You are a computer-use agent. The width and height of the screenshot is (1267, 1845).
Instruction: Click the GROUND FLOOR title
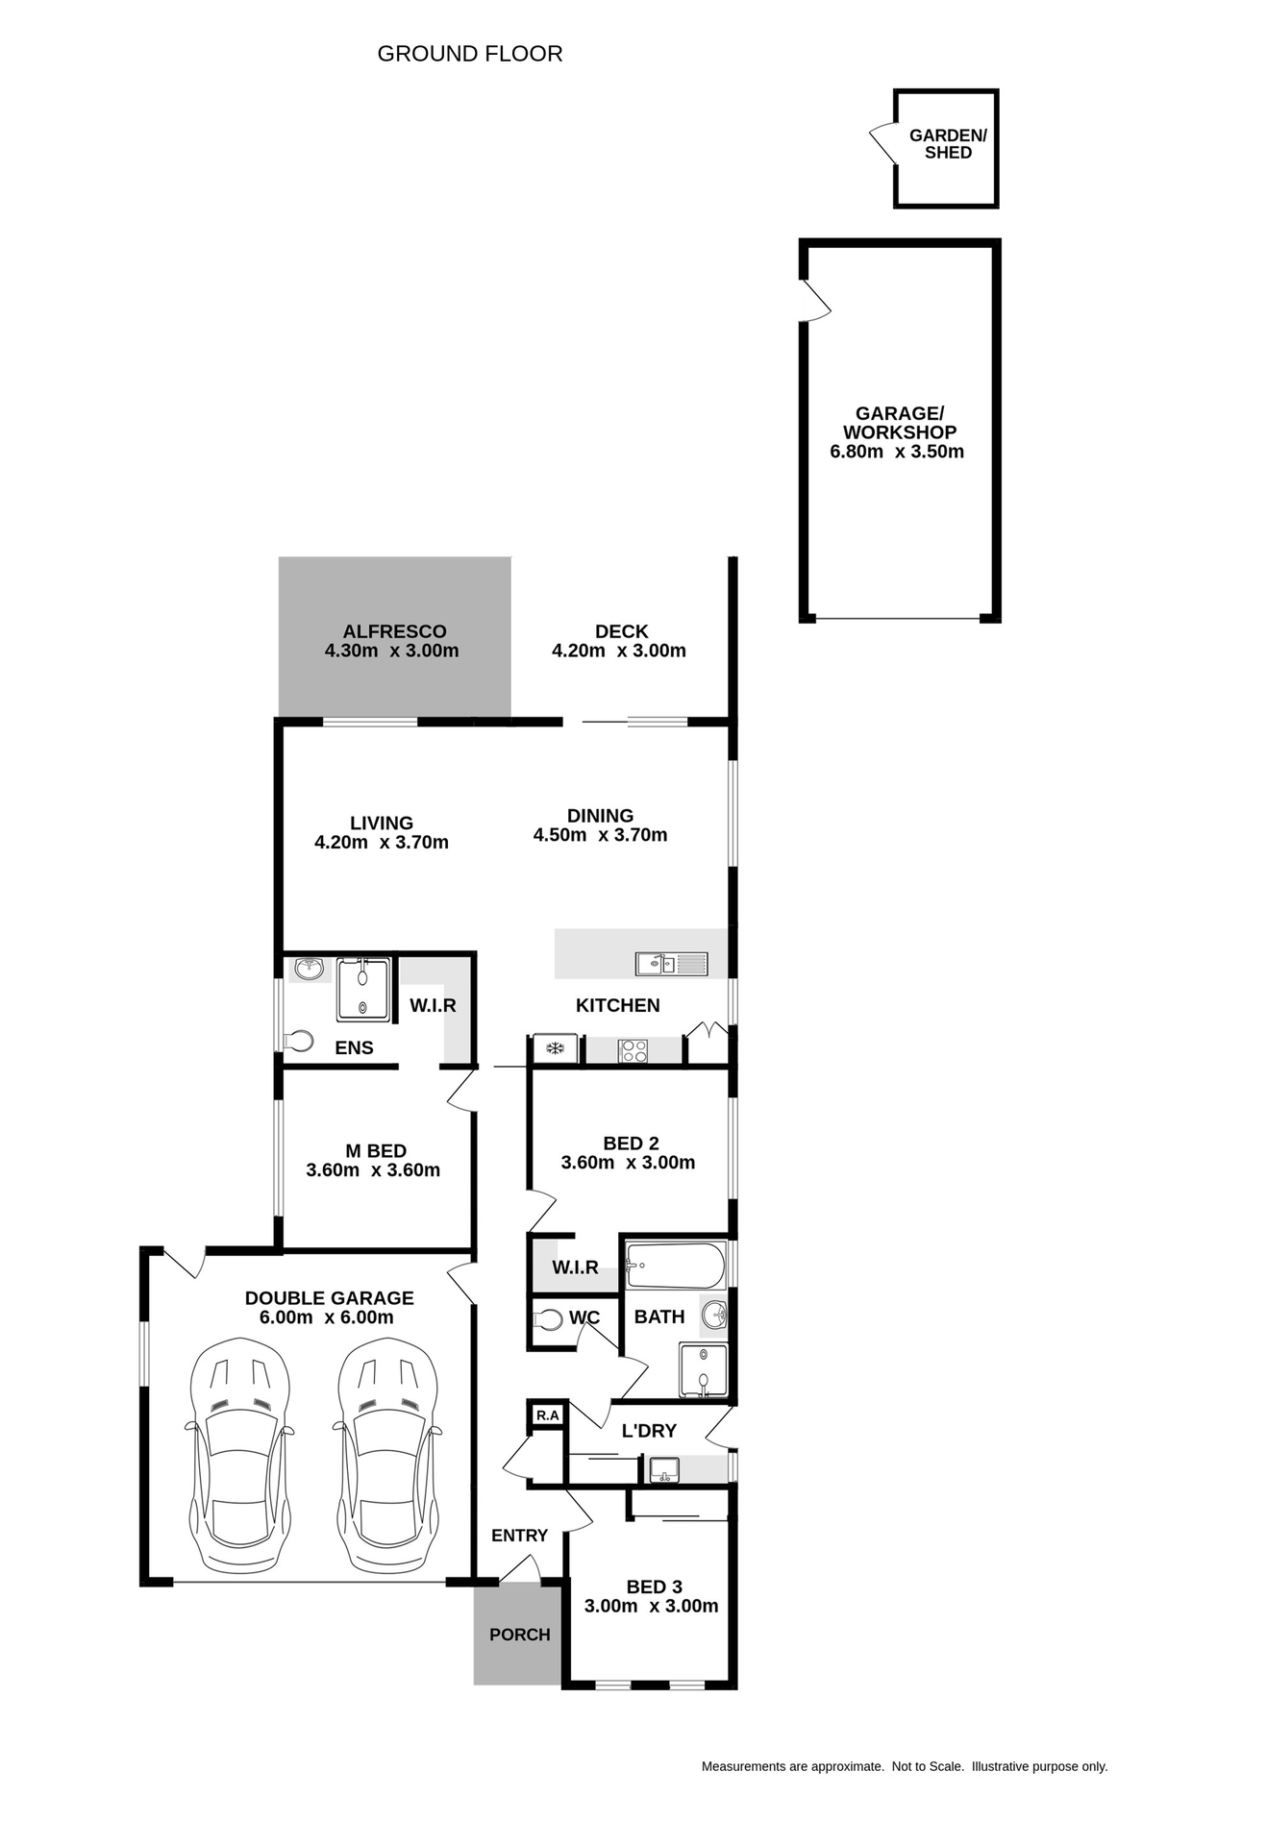point(469,54)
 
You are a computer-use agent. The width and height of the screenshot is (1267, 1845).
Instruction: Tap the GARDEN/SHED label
point(948,144)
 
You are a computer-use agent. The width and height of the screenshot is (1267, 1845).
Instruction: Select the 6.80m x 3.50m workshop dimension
point(896,452)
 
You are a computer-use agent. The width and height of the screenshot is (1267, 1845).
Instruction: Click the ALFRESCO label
point(394,631)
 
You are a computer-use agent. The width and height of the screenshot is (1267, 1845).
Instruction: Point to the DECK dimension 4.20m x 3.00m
point(618,651)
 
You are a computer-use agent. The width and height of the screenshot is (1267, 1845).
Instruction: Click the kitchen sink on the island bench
point(671,963)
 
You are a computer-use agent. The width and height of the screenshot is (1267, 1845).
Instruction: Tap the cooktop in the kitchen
point(633,1050)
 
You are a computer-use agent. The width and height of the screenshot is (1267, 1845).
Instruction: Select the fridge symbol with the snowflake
point(555,1048)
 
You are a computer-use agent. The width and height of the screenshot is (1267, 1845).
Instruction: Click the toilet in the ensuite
point(299,1041)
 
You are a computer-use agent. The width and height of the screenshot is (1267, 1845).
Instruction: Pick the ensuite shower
point(363,990)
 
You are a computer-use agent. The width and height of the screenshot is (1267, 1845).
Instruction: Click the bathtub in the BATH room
point(675,1267)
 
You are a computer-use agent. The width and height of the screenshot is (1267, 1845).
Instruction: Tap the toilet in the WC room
point(549,1320)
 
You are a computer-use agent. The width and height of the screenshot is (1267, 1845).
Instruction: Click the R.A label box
point(547,1415)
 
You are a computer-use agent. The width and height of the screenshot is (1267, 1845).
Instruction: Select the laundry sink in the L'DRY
point(663,1469)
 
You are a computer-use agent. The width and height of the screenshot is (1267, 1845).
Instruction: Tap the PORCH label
point(519,1635)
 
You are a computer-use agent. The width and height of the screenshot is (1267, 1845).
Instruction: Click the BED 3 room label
point(654,1587)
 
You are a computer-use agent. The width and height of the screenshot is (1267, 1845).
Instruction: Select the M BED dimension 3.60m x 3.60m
point(373,1170)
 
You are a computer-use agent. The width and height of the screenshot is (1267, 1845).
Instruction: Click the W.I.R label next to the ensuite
point(433,1006)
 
